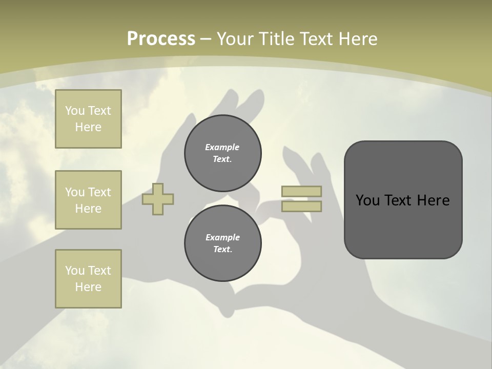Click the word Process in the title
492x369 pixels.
coord(161,38)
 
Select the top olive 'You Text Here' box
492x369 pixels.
coord(88,119)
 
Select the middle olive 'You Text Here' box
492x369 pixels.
coord(88,200)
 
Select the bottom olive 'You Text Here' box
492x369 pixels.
coord(88,279)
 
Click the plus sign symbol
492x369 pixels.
coord(158,199)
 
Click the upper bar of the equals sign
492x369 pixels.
coord(302,191)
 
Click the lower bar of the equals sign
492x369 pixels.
coord(302,206)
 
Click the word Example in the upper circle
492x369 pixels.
coord(222,147)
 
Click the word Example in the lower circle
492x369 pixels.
coord(222,237)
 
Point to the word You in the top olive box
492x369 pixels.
coord(75,111)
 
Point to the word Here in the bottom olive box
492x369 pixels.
coord(88,287)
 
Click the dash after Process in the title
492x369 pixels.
coord(206,39)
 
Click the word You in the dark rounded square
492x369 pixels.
coord(367,200)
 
